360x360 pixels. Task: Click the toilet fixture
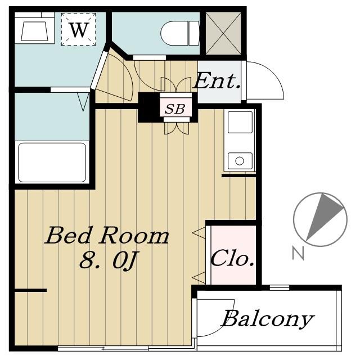click(180, 33)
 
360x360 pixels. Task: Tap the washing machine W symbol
click(79, 29)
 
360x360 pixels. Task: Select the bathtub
click(52, 163)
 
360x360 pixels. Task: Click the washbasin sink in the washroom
click(35, 31)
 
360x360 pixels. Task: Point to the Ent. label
click(217, 81)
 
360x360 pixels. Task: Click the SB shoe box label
click(175, 109)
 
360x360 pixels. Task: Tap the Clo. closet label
click(232, 258)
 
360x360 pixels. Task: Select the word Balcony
click(268, 319)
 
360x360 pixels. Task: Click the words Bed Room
click(107, 235)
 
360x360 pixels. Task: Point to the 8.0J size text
click(109, 260)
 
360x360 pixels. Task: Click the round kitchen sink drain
click(240, 161)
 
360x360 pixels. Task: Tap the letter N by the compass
click(298, 253)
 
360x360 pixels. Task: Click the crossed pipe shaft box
click(223, 34)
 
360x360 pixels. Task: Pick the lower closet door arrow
click(199, 277)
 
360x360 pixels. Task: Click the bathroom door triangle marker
click(83, 102)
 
